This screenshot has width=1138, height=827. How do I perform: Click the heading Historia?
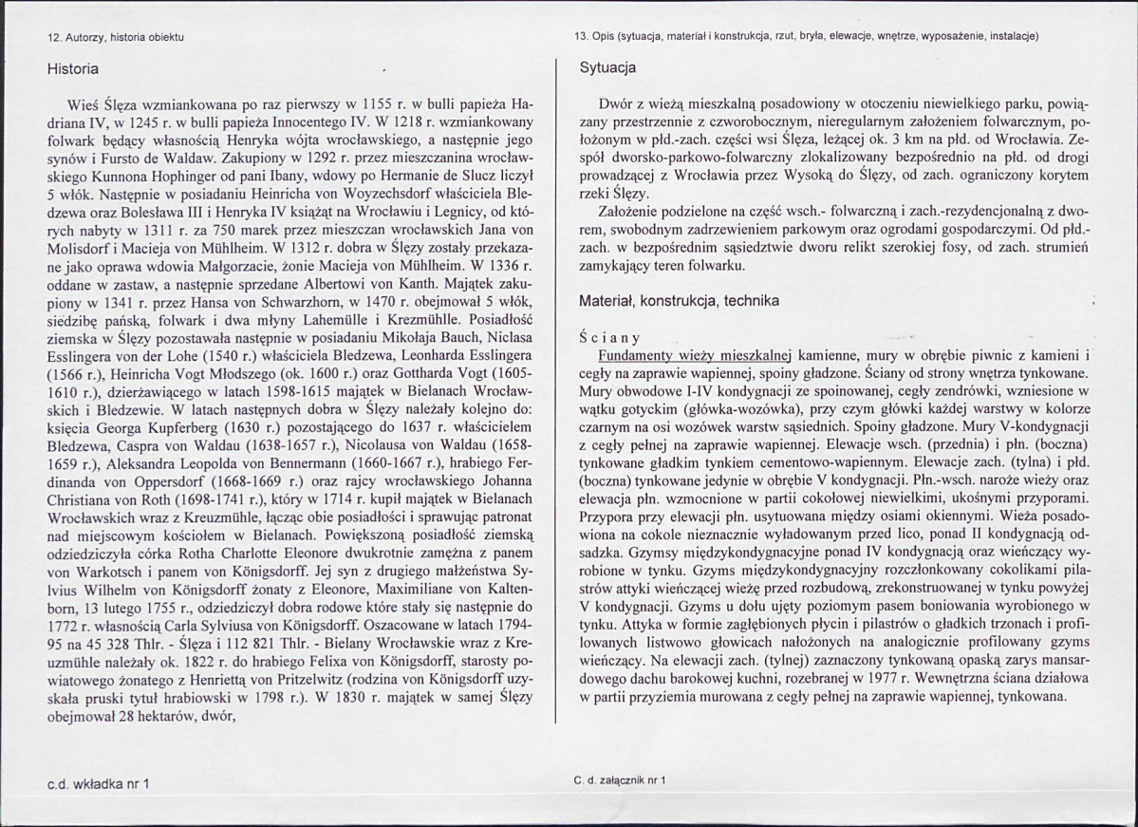(73, 68)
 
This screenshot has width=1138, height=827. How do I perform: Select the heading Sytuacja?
(607, 68)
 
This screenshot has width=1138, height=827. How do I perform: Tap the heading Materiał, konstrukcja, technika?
(680, 300)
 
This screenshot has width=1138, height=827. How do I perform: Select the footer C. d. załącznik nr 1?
(620, 780)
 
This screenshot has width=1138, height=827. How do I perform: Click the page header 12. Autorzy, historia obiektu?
(116, 36)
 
